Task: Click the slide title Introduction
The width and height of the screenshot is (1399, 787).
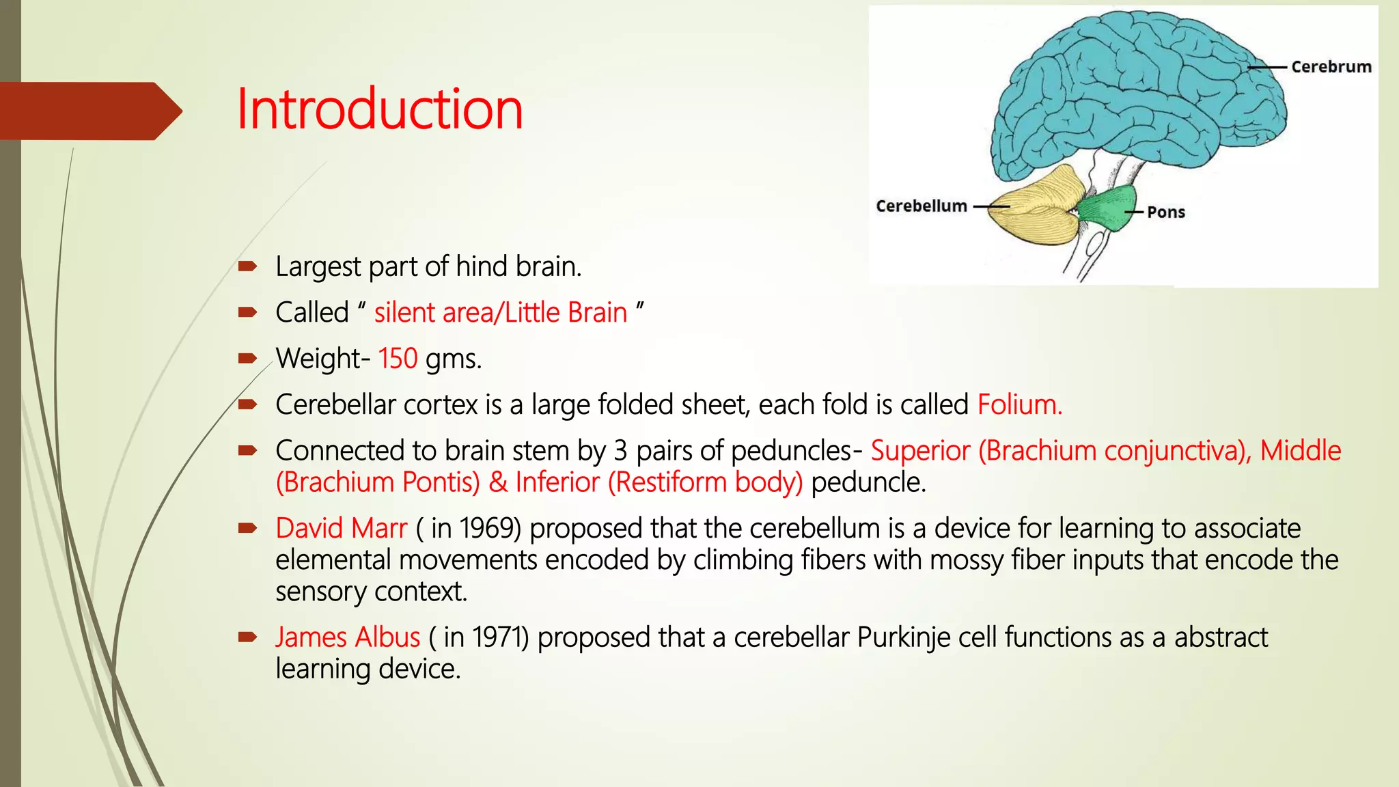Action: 380,109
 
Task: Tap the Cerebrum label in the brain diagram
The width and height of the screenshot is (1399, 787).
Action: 1331,67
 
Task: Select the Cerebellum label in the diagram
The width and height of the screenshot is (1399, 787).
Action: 921,206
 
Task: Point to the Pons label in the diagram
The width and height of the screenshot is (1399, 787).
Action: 1165,212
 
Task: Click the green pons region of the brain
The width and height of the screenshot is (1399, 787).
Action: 1107,208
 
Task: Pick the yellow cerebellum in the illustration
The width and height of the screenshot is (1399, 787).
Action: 1038,205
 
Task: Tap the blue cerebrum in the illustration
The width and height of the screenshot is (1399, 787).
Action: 1134,89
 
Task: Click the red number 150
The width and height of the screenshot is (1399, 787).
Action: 398,359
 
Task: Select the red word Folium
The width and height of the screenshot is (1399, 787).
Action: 1019,404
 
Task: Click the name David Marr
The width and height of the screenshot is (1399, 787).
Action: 341,528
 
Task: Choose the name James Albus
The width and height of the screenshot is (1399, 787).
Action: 348,637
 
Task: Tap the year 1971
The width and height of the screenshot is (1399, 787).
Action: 500,637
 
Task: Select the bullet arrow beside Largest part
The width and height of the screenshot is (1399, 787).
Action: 247,266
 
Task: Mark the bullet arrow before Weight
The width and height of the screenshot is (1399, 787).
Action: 247,358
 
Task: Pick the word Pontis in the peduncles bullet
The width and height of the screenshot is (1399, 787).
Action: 441,482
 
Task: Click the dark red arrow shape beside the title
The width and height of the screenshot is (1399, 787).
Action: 89,111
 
